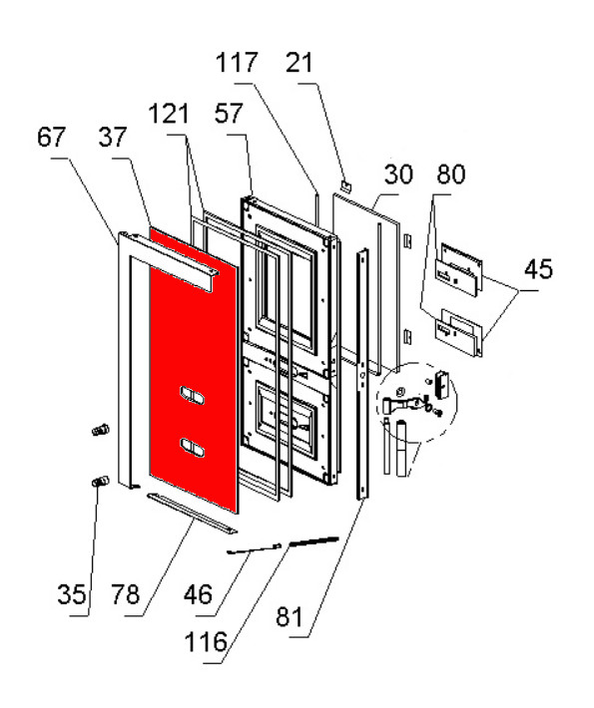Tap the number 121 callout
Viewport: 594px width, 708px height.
click(x=170, y=114)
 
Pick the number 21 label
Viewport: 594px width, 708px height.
click(x=298, y=63)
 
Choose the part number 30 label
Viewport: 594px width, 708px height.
click(x=398, y=175)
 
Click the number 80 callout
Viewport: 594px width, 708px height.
click(x=450, y=175)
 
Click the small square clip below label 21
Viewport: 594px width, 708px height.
click(x=344, y=183)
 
